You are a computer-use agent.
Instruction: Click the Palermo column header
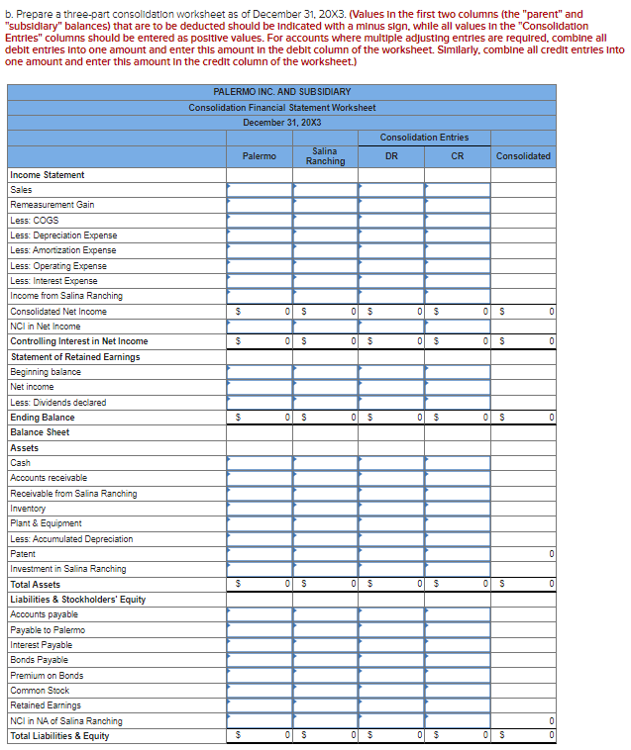point(259,155)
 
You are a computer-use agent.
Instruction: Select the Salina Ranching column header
point(325,155)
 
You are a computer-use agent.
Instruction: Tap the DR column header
point(391,155)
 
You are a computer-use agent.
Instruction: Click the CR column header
point(457,155)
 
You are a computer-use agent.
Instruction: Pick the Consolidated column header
point(523,155)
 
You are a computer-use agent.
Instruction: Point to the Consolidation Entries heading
point(424,137)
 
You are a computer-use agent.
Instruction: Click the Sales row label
point(21,190)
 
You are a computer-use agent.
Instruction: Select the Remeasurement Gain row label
point(52,205)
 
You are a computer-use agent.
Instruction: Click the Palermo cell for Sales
point(259,190)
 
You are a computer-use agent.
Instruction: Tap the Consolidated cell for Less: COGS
point(523,220)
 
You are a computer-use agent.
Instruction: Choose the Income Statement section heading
point(47,175)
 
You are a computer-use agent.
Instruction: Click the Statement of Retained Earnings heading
point(74,356)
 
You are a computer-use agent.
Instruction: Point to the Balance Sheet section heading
point(40,432)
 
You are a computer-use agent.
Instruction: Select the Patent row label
point(23,554)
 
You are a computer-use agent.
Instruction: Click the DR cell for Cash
point(391,463)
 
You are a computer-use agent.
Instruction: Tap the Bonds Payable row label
point(40,660)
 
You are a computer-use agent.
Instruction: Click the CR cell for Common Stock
point(457,691)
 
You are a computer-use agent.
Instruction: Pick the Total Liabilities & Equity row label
point(59,735)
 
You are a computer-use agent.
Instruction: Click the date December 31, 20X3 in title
point(281,122)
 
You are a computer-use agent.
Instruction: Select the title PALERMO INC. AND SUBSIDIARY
point(281,92)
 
